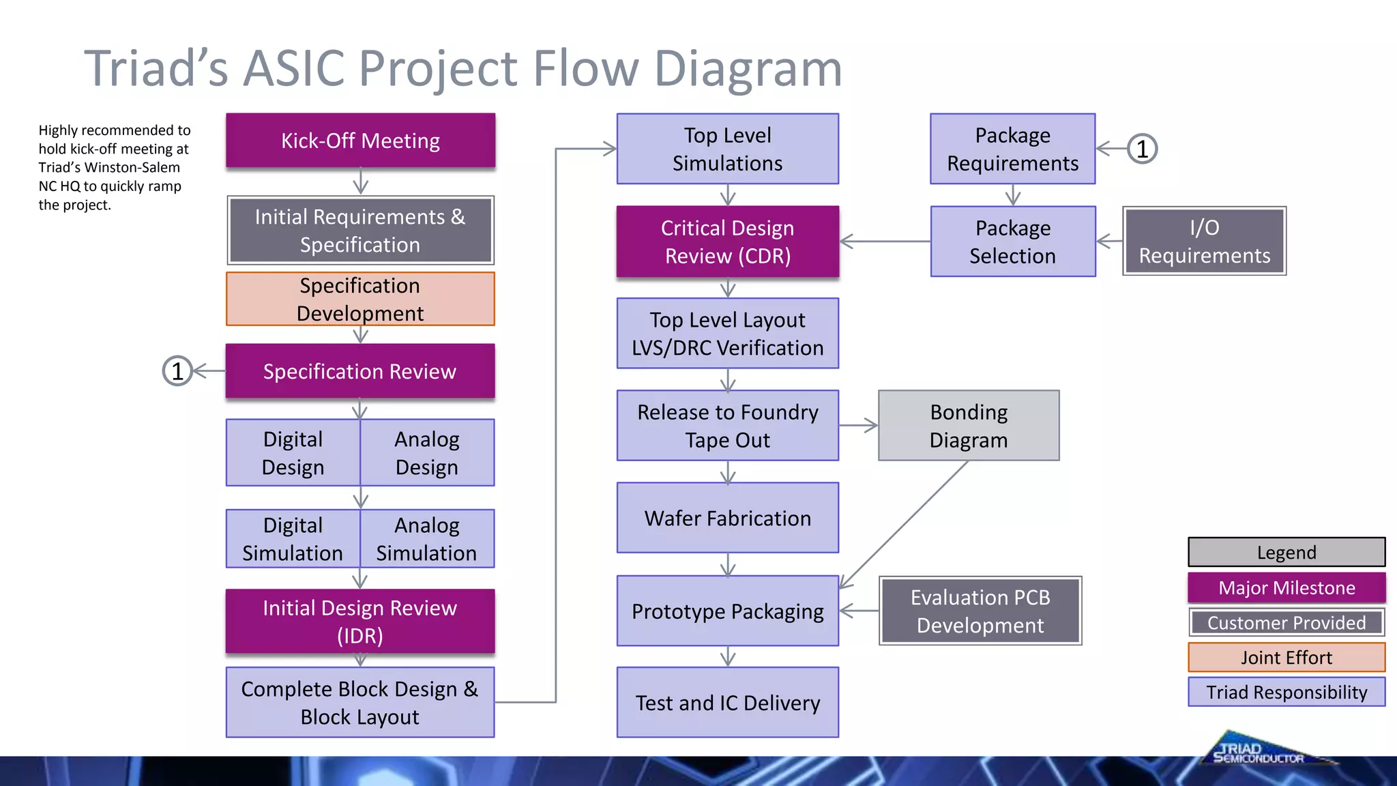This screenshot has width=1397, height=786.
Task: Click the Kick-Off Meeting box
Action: pyautogui.click(x=360, y=141)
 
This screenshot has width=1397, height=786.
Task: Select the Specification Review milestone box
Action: pyautogui.click(x=360, y=371)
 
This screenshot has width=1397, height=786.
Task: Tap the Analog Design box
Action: pyautogui.click(x=427, y=453)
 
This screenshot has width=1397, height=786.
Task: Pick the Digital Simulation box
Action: pyautogui.click(x=293, y=539)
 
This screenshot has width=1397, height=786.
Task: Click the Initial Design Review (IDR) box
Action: pyautogui.click(x=360, y=622)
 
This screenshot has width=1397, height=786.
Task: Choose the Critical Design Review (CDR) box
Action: pyautogui.click(x=728, y=242)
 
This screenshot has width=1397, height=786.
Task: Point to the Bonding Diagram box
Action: pyautogui.click(x=969, y=426)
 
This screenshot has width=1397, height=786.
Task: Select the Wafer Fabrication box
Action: pyautogui.click(x=728, y=518)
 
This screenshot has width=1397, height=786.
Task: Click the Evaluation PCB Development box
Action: pyautogui.click(x=980, y=611)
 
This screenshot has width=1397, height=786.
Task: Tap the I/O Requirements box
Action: pyautogui.click(x=1205, y=242)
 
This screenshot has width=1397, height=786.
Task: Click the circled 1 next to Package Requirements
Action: pyautogui.click(x=1143, y=149)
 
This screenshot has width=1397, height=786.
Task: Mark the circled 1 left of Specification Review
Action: pyautogui.click(x=177, y=371)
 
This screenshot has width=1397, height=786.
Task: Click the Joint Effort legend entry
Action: pyautogui.click(x=1286, y=658)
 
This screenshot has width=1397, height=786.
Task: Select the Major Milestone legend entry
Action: pyautogui.click(x=1286, y=587)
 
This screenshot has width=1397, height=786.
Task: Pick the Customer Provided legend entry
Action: pyautogui.click(x=1286, y=623)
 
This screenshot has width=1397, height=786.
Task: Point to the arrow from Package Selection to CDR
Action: pyautogui.click(x=885, y=242)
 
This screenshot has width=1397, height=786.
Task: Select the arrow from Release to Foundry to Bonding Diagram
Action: pyautogui.click(x=858, y=426)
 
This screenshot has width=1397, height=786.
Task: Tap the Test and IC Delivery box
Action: pyautogui.click(x=728, y=703)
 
